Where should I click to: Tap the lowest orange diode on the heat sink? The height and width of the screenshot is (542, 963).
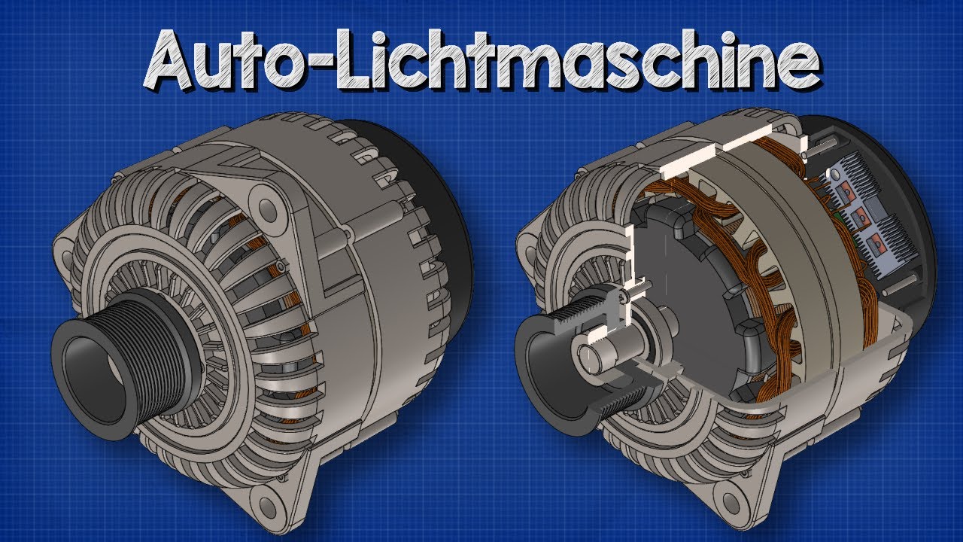click(873, 245)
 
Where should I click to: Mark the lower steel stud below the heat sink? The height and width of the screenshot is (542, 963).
click(900, 287)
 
